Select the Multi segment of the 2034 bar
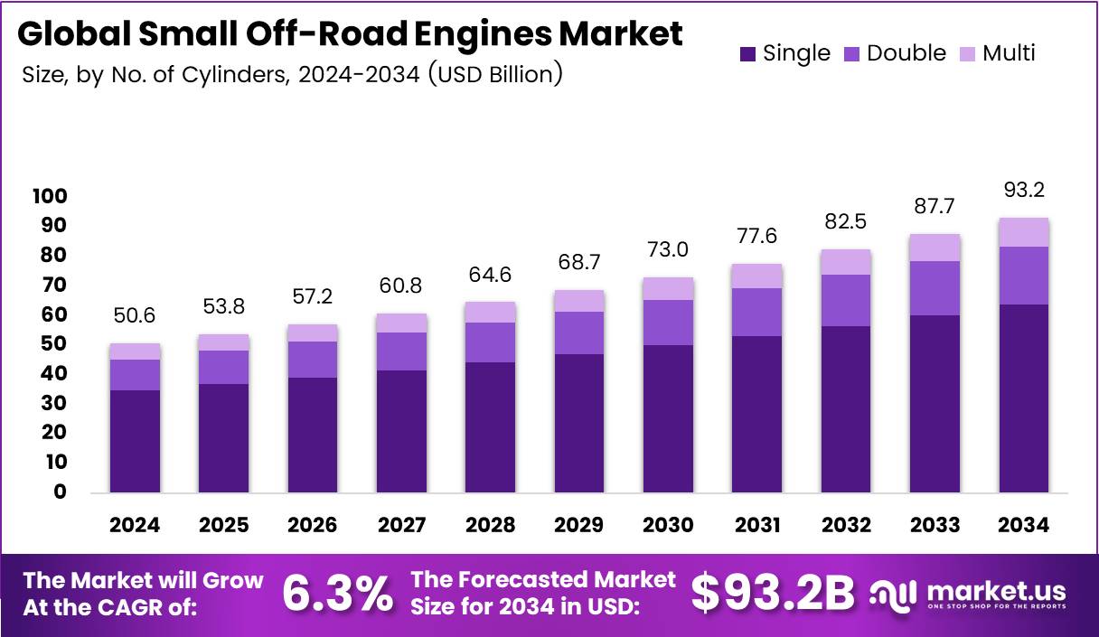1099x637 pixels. [x=1024, y=232]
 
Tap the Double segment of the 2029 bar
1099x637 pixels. [x=579, y=333]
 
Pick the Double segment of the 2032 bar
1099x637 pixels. [x=845, y=300]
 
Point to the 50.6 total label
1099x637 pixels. [x=135, y=316]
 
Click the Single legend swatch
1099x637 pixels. [x=747, y=54]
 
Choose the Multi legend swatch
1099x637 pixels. [x=966, y=54]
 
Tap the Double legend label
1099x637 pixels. [x=906, y=53]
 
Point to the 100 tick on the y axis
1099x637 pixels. [x=49, y=196]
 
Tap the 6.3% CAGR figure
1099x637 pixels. [x=337, y=594]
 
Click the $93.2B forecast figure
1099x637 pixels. [x=773, y=594]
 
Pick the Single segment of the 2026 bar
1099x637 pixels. [x=313, y=435]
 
